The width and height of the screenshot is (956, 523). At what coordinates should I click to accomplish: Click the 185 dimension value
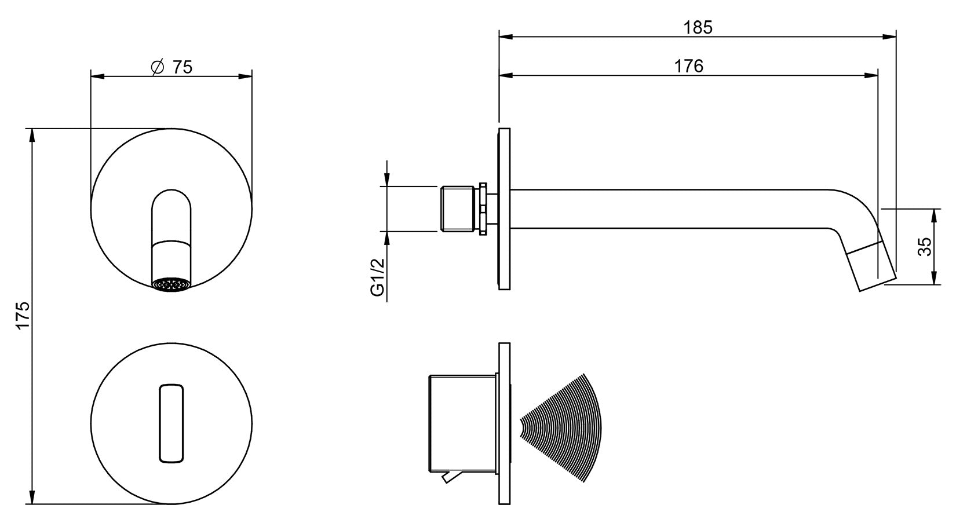tap(698, 27)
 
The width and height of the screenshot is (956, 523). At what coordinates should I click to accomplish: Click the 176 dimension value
tap(689, 66)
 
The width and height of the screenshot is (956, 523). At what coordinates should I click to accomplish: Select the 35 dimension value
tap(925, 247)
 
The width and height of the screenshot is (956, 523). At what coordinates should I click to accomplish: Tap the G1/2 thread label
tap(378, 277)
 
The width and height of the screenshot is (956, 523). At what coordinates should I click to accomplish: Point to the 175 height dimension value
tap(23, 315)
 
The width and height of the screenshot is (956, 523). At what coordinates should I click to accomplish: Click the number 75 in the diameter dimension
tap(183, 67)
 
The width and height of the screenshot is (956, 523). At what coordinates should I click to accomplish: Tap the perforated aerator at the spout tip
tap(171, 284)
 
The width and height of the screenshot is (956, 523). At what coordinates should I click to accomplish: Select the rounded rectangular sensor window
tap(172, 423)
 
